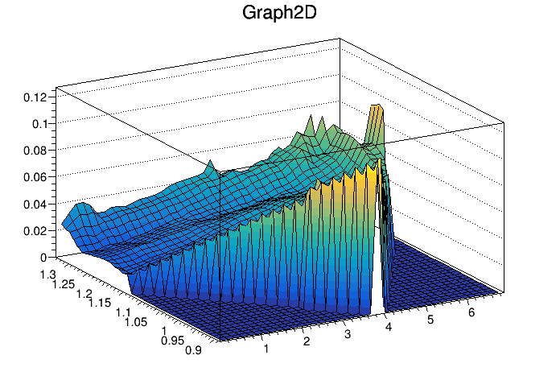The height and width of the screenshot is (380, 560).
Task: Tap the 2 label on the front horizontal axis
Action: pyautogui.click(x=307, y=342)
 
